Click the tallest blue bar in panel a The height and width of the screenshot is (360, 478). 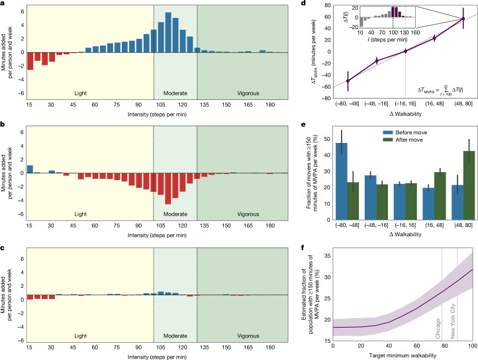coord(168,32)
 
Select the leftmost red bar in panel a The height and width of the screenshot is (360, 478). coord(30,62)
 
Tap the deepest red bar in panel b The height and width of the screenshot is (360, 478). coord(168,189)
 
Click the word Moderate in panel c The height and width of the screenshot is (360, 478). coord(175,336)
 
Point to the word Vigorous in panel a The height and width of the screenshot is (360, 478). coord(248,93)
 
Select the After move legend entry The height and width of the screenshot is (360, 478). coord(403,140)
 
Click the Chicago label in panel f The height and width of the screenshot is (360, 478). coord(438,328)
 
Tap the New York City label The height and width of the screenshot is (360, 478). coord(453,321)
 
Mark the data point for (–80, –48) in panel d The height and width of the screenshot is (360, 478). coord(348,81)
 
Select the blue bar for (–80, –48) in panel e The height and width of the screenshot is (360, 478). coord(341,181)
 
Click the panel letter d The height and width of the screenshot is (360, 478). coord(303,3)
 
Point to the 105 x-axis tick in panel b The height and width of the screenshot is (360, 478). coord(161,226)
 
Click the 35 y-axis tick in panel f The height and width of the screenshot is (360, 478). coord(326,256)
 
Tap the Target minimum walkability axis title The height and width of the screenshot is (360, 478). coord(403,355)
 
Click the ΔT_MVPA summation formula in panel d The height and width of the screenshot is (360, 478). coord(440,90)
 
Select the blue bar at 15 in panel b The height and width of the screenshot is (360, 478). coord(30,169)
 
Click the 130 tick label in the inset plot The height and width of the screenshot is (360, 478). coord(405,32)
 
